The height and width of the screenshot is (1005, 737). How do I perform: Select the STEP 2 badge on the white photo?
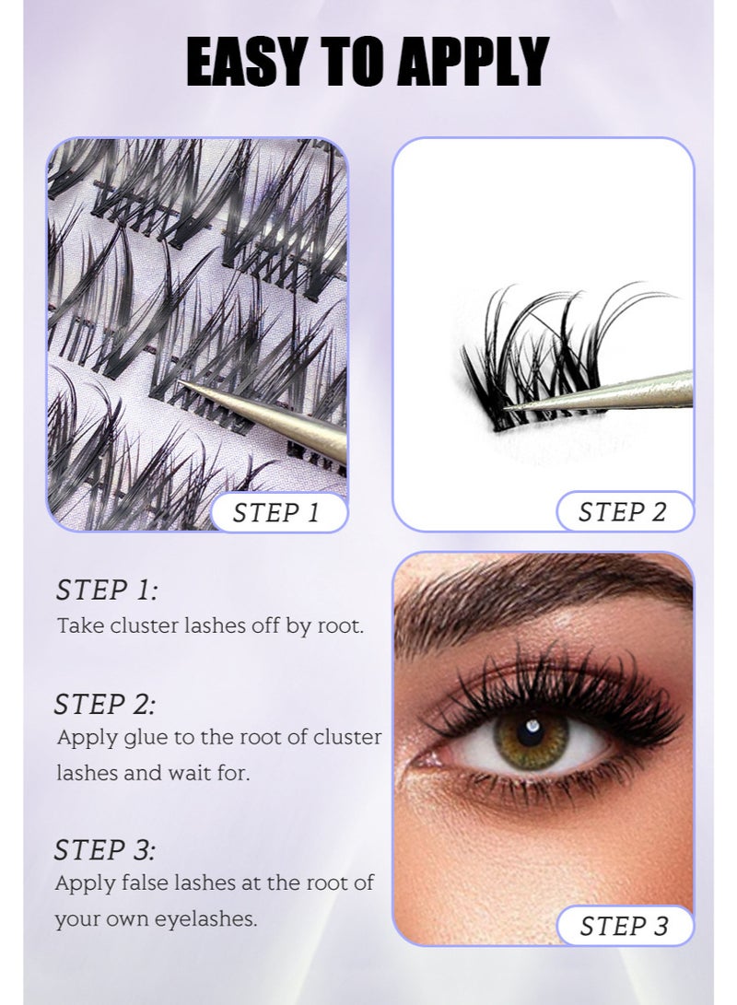pos(623,512)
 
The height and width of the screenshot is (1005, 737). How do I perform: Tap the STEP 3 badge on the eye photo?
pos(624,925)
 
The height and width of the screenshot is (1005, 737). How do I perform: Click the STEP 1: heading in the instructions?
pos(107,590)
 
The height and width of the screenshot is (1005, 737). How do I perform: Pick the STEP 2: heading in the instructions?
pos(105,705)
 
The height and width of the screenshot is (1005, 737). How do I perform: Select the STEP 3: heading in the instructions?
pos(105,848)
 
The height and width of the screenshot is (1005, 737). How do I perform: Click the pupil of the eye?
pos(532,734)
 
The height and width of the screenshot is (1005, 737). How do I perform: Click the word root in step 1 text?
pos(340,625)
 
